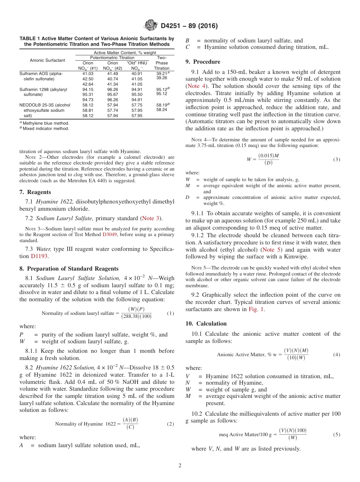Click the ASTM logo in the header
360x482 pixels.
[x=150, y=26]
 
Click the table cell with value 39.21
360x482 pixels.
[x=162, y=74]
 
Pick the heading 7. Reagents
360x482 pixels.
[x=35, y=192]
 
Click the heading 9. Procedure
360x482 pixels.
[x=203, y=62]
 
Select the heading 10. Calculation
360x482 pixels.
[x=206, y=324]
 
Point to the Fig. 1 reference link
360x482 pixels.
[x=257, y=309]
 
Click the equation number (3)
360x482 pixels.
[x=337, y=160]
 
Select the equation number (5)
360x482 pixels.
[x=337, y=435]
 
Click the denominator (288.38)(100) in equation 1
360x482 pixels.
[x=136, y=316]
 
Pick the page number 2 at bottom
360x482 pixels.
[x=180, y=466]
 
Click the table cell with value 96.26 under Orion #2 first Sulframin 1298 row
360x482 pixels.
[x=113, y=89]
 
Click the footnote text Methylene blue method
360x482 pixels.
[x=46, y=123]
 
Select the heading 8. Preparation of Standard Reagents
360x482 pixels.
[x=69, y=269]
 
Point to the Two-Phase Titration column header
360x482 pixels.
[x=162, y=63]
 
